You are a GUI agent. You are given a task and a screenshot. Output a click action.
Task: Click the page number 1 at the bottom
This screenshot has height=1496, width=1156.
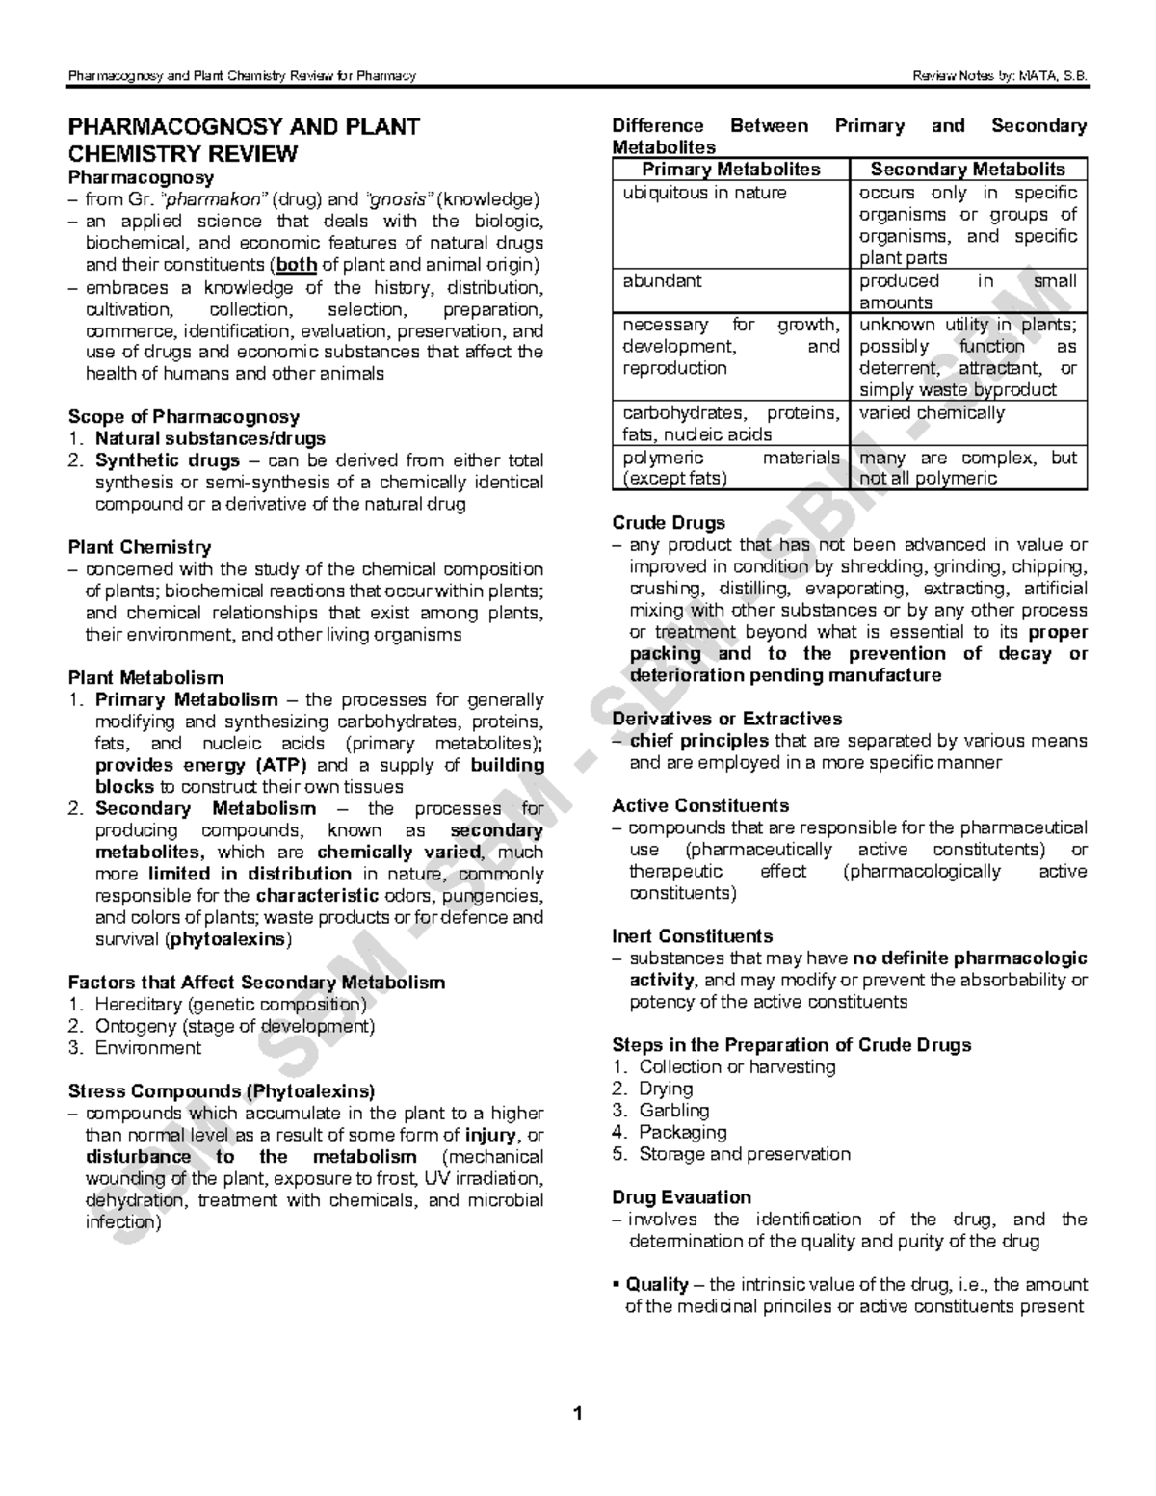click(578, 1415)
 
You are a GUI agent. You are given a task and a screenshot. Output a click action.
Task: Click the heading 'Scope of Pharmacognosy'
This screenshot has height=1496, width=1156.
click(183, 417)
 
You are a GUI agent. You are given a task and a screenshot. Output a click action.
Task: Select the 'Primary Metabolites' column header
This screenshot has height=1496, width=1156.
click(731, 170)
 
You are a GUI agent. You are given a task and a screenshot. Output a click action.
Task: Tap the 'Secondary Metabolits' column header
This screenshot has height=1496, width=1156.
click(968, 170)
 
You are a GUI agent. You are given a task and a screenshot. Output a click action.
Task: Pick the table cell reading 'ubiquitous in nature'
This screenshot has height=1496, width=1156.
click(704, 193)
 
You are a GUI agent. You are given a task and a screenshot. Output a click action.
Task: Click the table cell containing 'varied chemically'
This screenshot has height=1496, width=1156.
click(932, 413)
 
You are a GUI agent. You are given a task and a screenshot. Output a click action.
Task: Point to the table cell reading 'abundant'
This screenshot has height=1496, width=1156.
click(662, 281)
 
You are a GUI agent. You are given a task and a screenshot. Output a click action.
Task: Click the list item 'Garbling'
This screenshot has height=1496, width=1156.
click(673, 1111)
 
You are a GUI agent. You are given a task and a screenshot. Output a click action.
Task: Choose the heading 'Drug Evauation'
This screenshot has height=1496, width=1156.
click(681, 1197)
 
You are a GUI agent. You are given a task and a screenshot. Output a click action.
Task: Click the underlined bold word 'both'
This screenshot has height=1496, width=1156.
click(297, 265)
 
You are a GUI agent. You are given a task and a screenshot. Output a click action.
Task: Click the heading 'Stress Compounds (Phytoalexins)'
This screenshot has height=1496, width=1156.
click(221, 1091)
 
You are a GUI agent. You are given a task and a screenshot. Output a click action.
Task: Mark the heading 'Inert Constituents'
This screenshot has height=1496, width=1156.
click(692, 936)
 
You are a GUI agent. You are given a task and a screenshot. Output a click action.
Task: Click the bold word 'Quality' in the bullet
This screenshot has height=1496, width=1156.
click(657, 1285)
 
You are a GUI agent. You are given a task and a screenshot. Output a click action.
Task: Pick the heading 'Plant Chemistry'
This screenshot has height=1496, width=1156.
click(139, 547)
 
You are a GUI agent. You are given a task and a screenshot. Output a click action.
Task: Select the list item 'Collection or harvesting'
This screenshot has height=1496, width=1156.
click(737, 1067)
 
